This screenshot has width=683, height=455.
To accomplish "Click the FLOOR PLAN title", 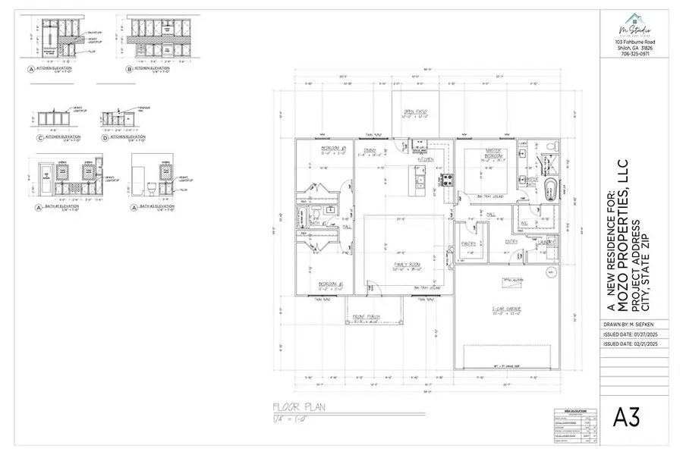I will point(301,407).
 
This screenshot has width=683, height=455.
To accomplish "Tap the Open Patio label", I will point(414,112).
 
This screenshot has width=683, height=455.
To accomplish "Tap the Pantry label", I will point(468,243).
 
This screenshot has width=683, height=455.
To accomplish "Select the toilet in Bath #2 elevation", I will point(151,187).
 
